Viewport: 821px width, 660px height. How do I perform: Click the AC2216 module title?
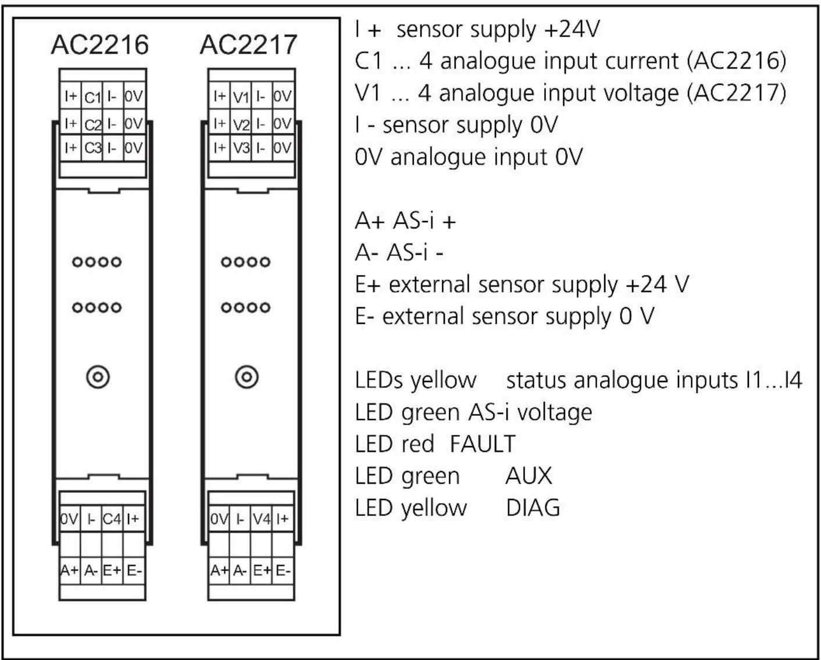tap(99, 45)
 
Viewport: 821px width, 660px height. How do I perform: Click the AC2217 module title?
tap(248, 45)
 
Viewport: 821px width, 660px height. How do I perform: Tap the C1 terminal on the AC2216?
tap(92, 97)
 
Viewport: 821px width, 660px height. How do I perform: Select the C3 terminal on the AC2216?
tap(92, 148)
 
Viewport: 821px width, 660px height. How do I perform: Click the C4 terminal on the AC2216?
tap(112, 519)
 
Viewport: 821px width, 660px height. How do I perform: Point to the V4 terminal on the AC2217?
tap(261, 519)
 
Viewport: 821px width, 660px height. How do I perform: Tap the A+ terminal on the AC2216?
tap(69, 570)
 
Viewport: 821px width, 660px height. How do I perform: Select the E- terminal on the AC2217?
tap(283, 570)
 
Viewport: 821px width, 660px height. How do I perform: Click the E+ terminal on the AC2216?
tap(112, 570)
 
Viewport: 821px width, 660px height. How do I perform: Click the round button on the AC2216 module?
tap(98, 377)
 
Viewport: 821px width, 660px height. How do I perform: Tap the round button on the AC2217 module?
tap(247, 377)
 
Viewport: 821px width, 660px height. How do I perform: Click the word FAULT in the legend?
tap(482, 444)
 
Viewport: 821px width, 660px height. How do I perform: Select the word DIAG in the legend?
tap(533, 508)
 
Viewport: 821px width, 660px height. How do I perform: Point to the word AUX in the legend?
tap(528, 476)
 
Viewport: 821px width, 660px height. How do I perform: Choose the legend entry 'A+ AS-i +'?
tap(405, 222)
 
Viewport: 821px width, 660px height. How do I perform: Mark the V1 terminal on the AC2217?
tap(241, 97)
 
